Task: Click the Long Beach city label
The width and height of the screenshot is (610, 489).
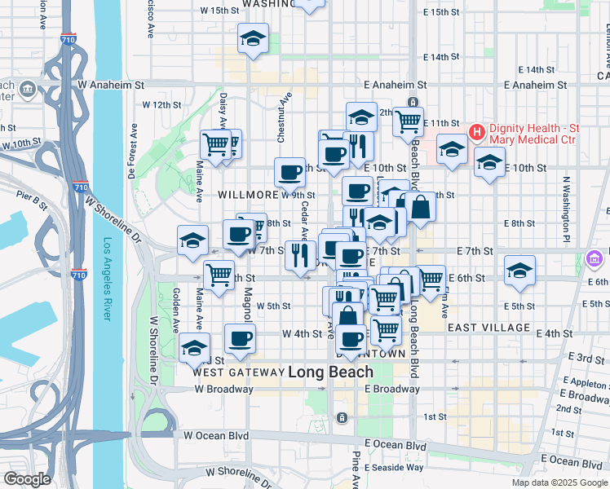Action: click(x=330, y=372)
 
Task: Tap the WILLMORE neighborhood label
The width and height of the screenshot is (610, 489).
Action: click(x=249, y=196)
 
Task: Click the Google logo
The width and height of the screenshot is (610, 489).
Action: click(x=26, y=479)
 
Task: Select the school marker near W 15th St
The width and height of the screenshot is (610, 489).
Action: click(x=253, y=38)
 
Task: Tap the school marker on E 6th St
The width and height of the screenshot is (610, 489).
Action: click(x=519, y=271)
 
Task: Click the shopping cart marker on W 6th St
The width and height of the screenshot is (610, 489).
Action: click(x=219, y=275)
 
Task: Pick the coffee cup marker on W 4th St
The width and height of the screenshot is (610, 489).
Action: click(x=239, y=338)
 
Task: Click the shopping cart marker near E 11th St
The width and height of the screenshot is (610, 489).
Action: click(x=408, y=122)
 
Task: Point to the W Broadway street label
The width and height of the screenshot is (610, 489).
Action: click(x=223, y=390)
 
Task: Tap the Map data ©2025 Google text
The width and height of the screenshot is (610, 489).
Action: click(x=559, y=482)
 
